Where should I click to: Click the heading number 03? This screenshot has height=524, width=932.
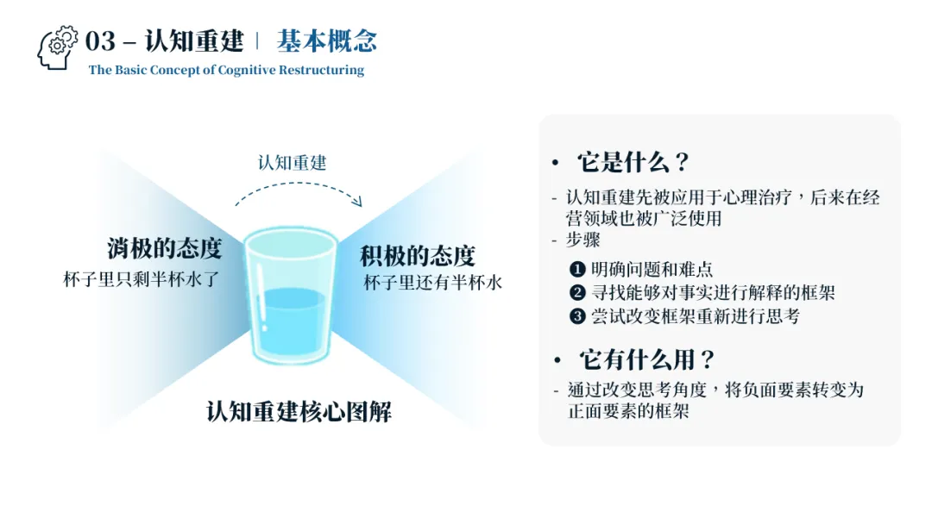point(100,41)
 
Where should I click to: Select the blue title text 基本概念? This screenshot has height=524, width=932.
point(327,41)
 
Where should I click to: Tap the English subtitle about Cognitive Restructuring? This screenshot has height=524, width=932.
point(226,70)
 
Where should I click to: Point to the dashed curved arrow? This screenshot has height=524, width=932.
point(298,191)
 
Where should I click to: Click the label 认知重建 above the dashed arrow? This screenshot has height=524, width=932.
point(293,162)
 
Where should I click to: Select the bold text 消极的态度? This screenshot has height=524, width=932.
point(165,249)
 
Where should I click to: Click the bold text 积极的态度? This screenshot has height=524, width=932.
point(418,255)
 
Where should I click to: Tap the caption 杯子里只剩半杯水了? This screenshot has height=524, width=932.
point(143,279)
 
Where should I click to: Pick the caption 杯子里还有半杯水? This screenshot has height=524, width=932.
point(432,283)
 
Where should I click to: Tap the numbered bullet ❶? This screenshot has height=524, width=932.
point(577,270)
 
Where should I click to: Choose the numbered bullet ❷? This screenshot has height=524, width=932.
point(577,293)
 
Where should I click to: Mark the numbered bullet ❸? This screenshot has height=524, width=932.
point(577,316)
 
